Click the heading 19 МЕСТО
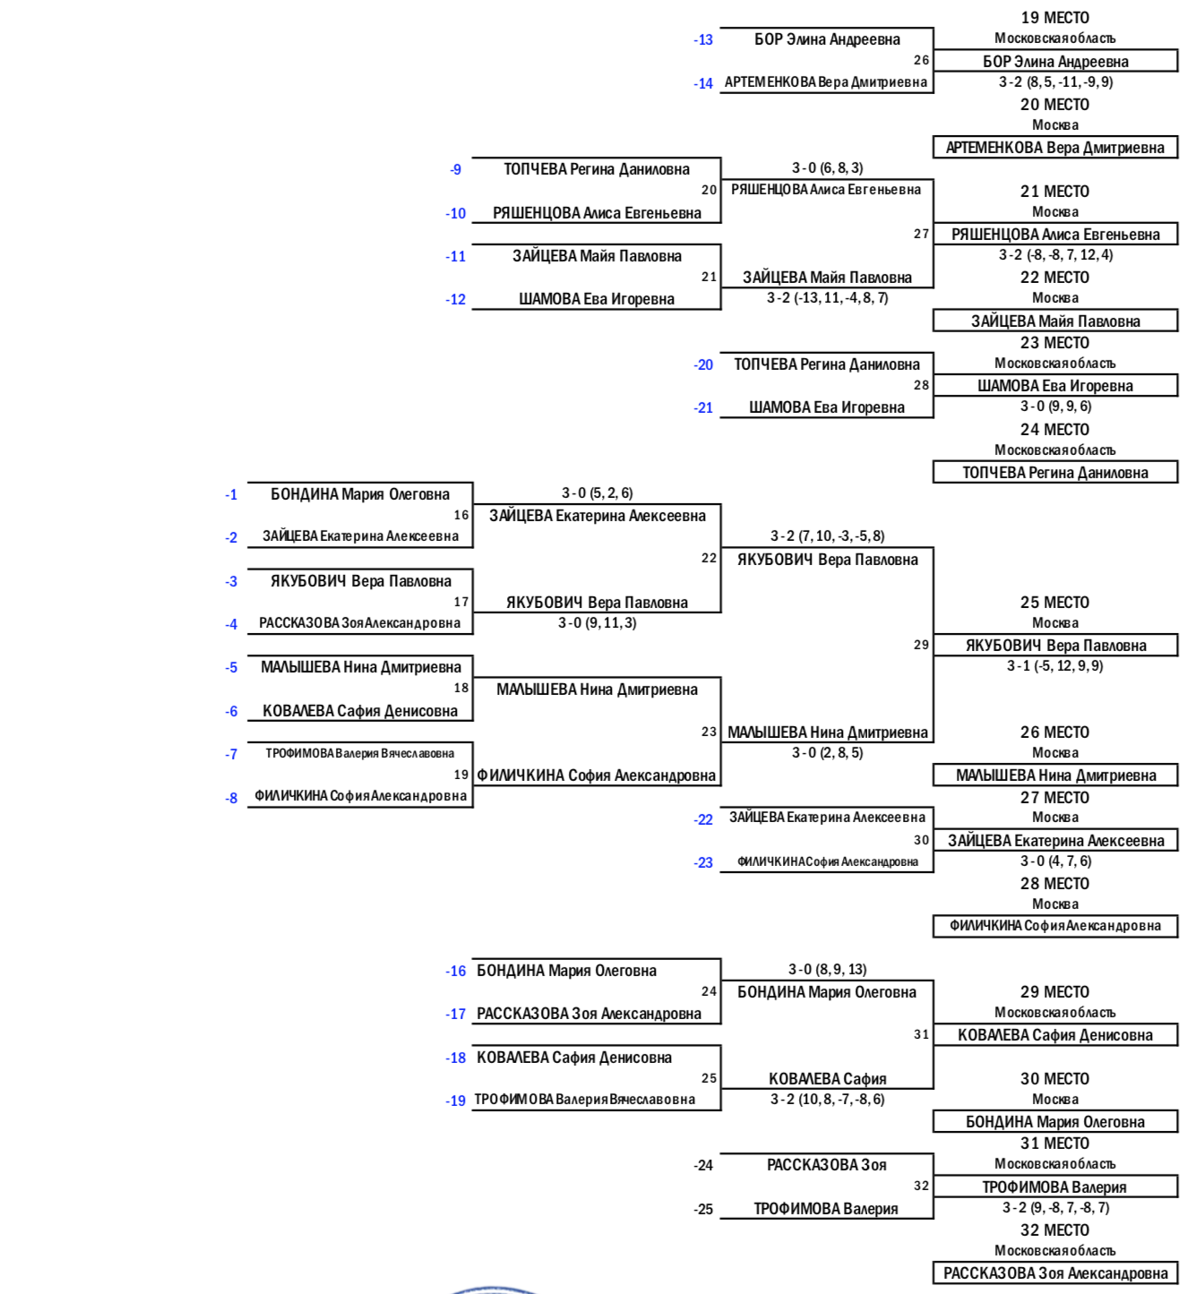tap(1054, 18)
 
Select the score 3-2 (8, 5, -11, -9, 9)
tap(1055, 82)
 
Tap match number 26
tap(921, 60)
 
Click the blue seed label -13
tap(703, 39)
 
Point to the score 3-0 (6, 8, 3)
tap(827, 168)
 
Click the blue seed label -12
tap(456, 300)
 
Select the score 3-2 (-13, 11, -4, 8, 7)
tap(827, 298)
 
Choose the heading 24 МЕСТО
tap(1054, 430)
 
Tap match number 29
tap(921, 645)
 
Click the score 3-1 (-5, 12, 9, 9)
tap(1054, 665)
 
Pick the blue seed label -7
tap(231, 755)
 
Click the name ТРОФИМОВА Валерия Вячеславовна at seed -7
tap(360, 753)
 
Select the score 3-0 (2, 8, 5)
tap(827, 752)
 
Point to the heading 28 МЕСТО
tap(1054, 884)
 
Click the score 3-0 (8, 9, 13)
tap(827, 969)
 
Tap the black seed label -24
tap(703, 1165)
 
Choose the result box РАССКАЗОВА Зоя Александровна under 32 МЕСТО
tap(1055, 1273)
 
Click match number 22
tap(709, 558)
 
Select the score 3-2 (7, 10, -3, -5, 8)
tap(827, 536)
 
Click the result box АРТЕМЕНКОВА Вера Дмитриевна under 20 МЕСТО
tap(1055, 147)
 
